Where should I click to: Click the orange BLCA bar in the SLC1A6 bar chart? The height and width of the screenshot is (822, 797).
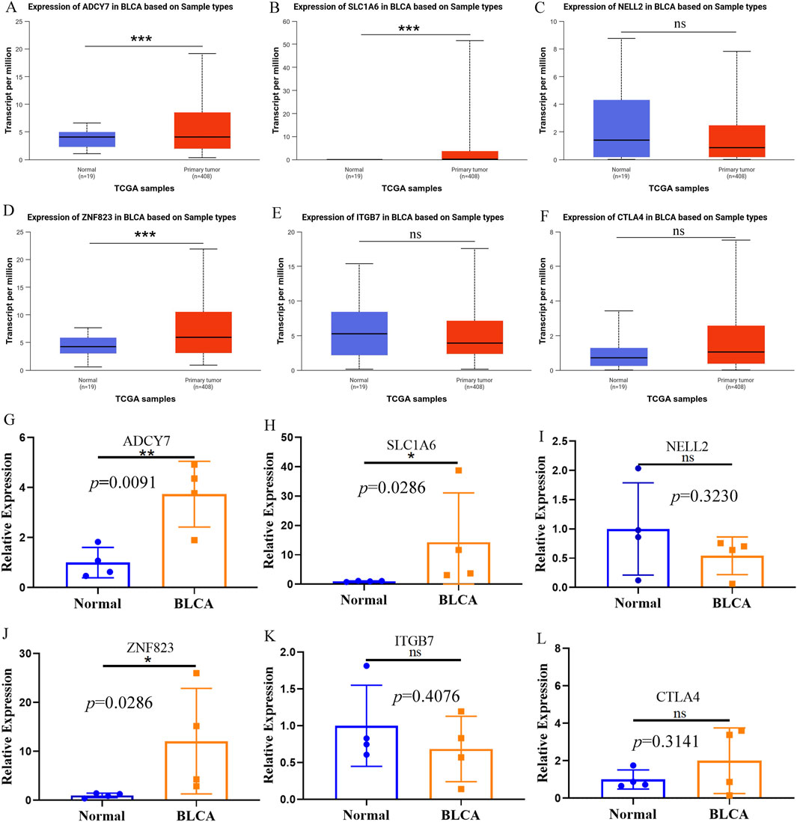pos(470,562)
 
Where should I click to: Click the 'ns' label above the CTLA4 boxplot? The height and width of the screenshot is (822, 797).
pos(678,232)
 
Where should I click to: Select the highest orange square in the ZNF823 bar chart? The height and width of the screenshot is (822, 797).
pos(196,673)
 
